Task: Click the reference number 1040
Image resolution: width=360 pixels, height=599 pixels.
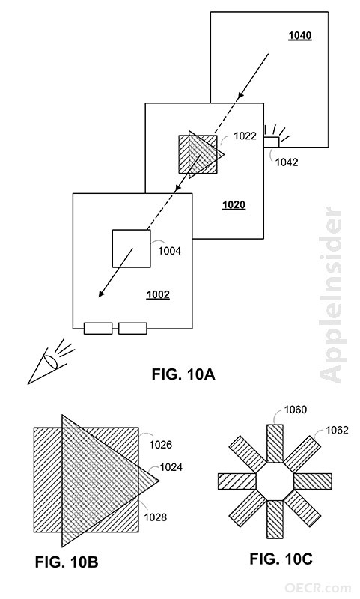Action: (299, 36)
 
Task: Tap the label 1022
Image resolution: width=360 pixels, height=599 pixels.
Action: (245, 136)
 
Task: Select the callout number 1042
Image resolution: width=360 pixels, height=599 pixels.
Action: (287, 162)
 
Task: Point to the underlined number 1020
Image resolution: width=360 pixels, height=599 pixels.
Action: (234, 205)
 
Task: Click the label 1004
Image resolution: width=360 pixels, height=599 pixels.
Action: (169, 251)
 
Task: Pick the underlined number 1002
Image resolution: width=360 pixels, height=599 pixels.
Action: (158, 295)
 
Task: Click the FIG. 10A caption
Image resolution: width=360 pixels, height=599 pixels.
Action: (183, 374)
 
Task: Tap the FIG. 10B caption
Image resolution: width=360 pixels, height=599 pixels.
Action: (67, 562)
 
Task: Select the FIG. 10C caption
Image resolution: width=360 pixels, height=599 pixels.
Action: (281, 559)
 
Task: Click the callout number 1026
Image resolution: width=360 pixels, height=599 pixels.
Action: (161, 445)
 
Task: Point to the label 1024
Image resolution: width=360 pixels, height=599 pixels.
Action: (171, 467)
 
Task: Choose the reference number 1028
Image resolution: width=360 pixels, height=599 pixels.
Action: (156, 517)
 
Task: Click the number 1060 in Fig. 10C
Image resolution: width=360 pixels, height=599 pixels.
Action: (296, 410)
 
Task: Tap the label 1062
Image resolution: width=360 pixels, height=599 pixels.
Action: (337, 430)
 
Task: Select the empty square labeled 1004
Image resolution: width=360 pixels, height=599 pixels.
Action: (131, 249)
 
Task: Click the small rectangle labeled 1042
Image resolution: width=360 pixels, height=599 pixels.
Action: (272, 142)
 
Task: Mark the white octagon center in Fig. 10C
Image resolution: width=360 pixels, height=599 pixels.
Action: (275, 481)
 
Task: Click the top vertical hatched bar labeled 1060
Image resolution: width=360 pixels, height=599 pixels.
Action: (275, 443)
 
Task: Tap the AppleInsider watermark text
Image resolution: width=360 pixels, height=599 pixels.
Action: (331, 295)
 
